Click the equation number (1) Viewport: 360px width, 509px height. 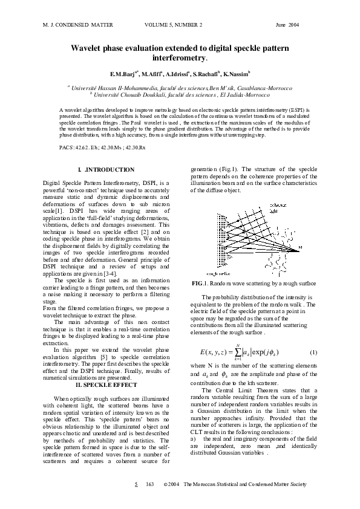tap(313, 352)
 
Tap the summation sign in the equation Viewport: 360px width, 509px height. tap(239, 353)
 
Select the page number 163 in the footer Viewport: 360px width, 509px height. tap(150, 485)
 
